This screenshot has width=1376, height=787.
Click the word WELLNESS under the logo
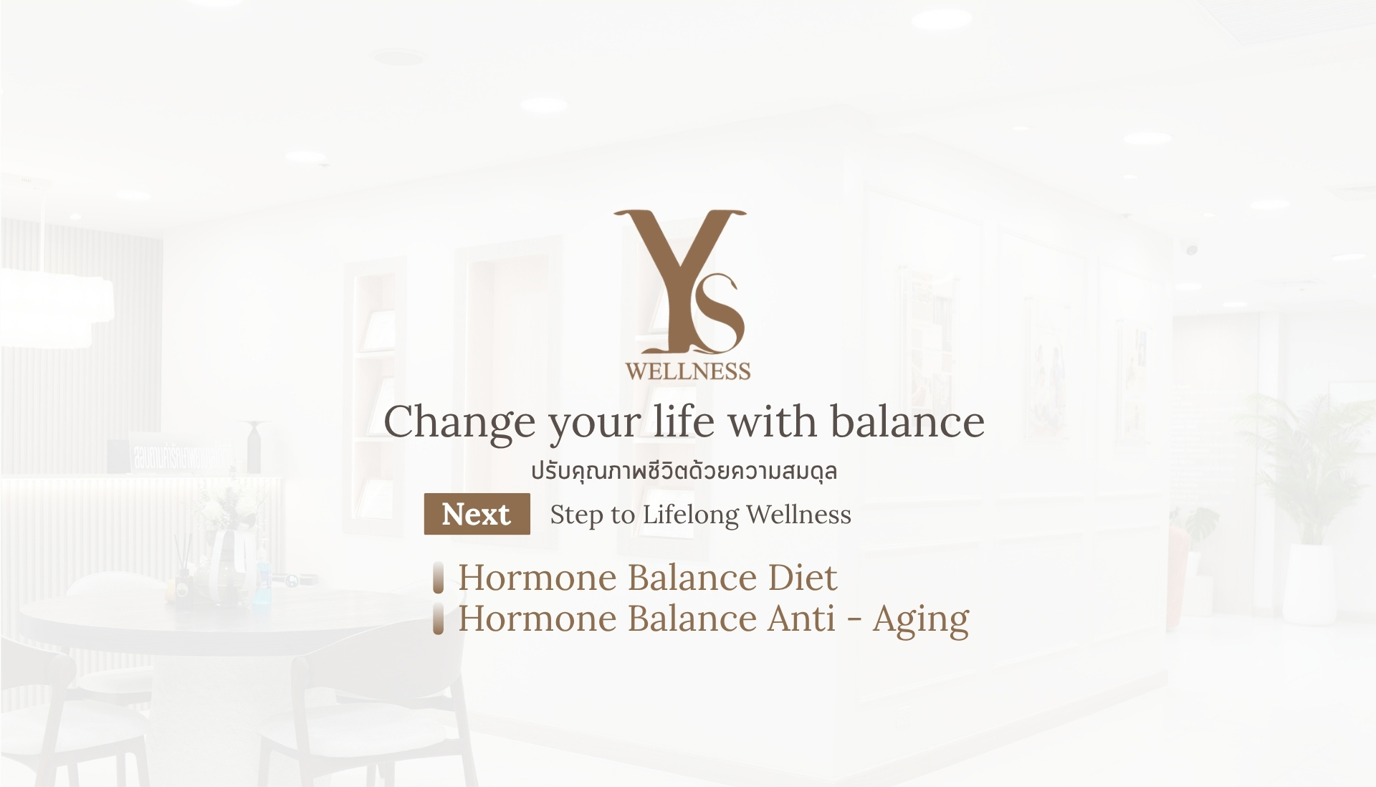[x=688, y=371]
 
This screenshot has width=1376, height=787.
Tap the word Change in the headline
[x=459, y=423]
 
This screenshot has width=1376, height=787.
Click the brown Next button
[x=477, y=514]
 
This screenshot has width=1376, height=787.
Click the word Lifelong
[x=690, y=515]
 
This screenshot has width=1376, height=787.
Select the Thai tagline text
[x=684, y=471]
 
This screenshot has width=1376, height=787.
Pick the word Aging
[x=921, y=619]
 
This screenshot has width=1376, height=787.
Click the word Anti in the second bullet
[x=801, y=619]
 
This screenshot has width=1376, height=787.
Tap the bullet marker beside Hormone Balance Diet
[x=439, y=578]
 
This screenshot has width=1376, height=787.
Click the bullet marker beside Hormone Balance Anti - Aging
[x=439, y=619]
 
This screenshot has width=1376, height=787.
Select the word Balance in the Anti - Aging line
[x=692, y=619]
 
